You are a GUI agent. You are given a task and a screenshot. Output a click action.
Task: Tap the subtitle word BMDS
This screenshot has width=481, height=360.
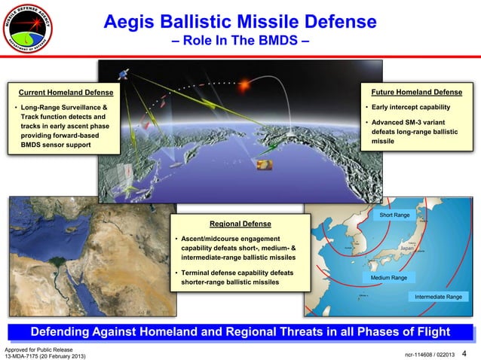pos(281,36)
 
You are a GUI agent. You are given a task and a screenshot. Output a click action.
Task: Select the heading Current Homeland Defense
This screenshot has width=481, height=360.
pos(66,93)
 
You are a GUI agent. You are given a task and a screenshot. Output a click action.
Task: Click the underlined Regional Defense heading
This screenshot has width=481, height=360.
pos(240,224)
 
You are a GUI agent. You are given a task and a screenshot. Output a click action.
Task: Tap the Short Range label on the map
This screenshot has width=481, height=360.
pos(394,215)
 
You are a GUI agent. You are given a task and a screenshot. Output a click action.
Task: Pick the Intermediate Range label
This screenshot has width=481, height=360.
pos(439,297)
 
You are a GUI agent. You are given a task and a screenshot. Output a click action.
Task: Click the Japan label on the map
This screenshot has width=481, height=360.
pos(408,248)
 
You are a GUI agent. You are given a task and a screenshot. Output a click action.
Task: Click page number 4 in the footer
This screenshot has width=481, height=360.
pos(464,354)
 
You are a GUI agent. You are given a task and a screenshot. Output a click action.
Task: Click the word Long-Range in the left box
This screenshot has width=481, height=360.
pos(44,108)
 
